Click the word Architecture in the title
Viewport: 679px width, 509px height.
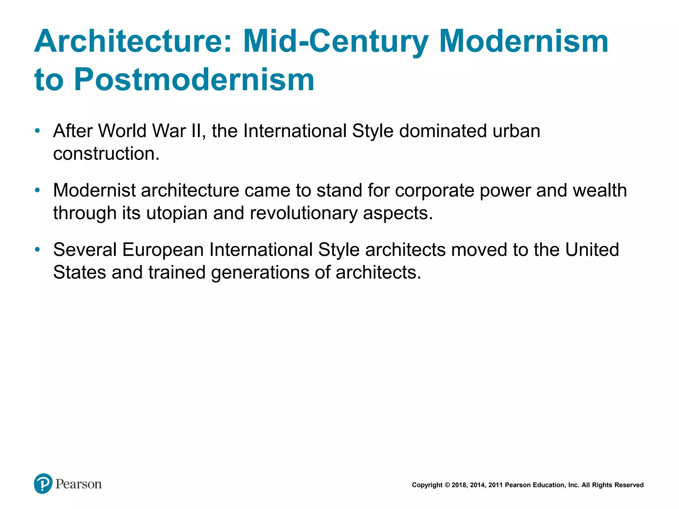pos(133,41)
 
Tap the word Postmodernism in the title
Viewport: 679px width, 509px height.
pos(194,80)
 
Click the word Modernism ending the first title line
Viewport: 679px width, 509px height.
pos(524,41)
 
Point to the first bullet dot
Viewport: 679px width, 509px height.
pos(37,131)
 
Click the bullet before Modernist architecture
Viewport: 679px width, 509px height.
pos(37,190)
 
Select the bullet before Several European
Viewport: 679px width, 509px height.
pos(37,249)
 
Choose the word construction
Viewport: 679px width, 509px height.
pos(106,154)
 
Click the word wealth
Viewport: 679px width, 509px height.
pos(600,190)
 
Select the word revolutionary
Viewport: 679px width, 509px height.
pos(303,213)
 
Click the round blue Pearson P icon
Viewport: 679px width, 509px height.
pos(43,483)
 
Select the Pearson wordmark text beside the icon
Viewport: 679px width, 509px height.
pos(79,484)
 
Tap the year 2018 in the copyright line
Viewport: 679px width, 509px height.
pos(459,485)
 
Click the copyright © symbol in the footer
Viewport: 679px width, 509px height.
pos(447,485)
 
